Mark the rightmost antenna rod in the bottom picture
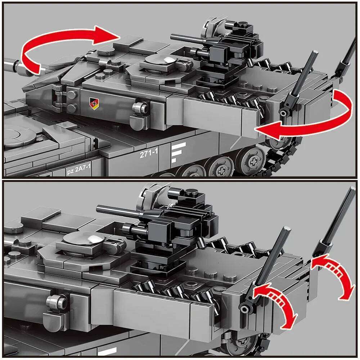pos(338,220)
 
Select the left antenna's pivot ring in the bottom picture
pos(245,309)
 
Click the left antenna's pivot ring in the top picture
pos(284,113)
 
